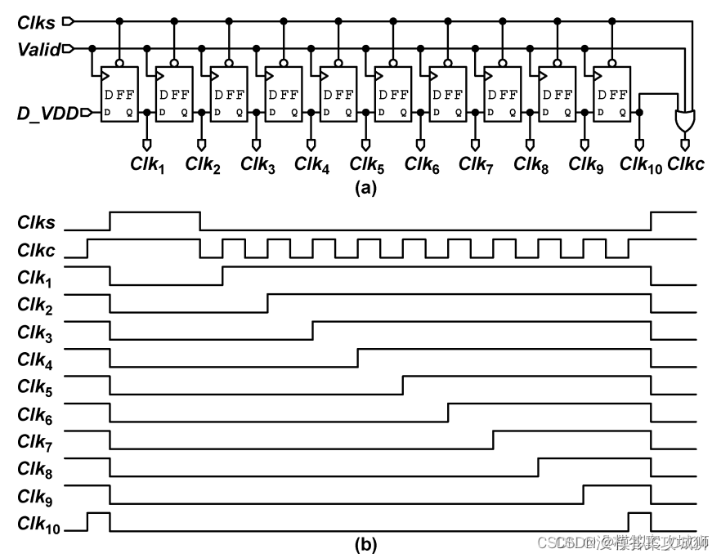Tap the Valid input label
[x=38, y=50]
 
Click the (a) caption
[x=363, y=189]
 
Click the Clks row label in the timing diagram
[x=37, y=222]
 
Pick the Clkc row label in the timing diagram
[x=37, y=250]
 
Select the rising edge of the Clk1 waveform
[x=223, y=275]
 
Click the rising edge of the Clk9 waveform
[x=583, y=495]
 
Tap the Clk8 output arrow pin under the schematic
[x=531, y=145]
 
